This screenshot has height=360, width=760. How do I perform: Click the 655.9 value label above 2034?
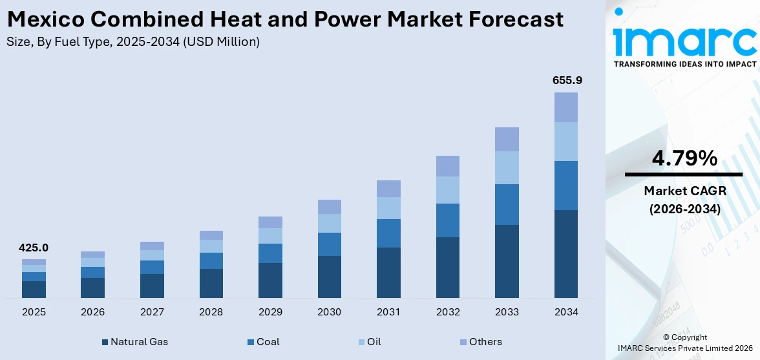tap(566, 81)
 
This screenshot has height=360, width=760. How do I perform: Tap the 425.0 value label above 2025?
tap(34, 248)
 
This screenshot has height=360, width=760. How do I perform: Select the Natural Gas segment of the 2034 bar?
tap(566, 253)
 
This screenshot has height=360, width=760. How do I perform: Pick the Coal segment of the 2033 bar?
tap(507, 204)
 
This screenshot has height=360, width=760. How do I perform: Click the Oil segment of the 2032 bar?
tap(448, 190)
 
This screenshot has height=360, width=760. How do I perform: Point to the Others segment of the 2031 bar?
tap(388, 189)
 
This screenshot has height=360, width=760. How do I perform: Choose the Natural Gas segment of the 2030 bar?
tap(330, 277)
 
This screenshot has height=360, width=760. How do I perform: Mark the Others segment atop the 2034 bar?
tap(566, 107)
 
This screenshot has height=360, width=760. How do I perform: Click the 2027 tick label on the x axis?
tap(152, 312)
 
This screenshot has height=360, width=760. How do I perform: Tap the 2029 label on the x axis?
tap(270, 312)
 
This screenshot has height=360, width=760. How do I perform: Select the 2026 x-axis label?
tap(93, 312)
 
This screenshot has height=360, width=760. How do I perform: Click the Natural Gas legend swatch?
tap(105, 342)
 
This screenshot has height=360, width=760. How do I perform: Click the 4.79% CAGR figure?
tap(684, 158)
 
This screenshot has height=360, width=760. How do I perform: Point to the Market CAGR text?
tap(684, 191)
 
